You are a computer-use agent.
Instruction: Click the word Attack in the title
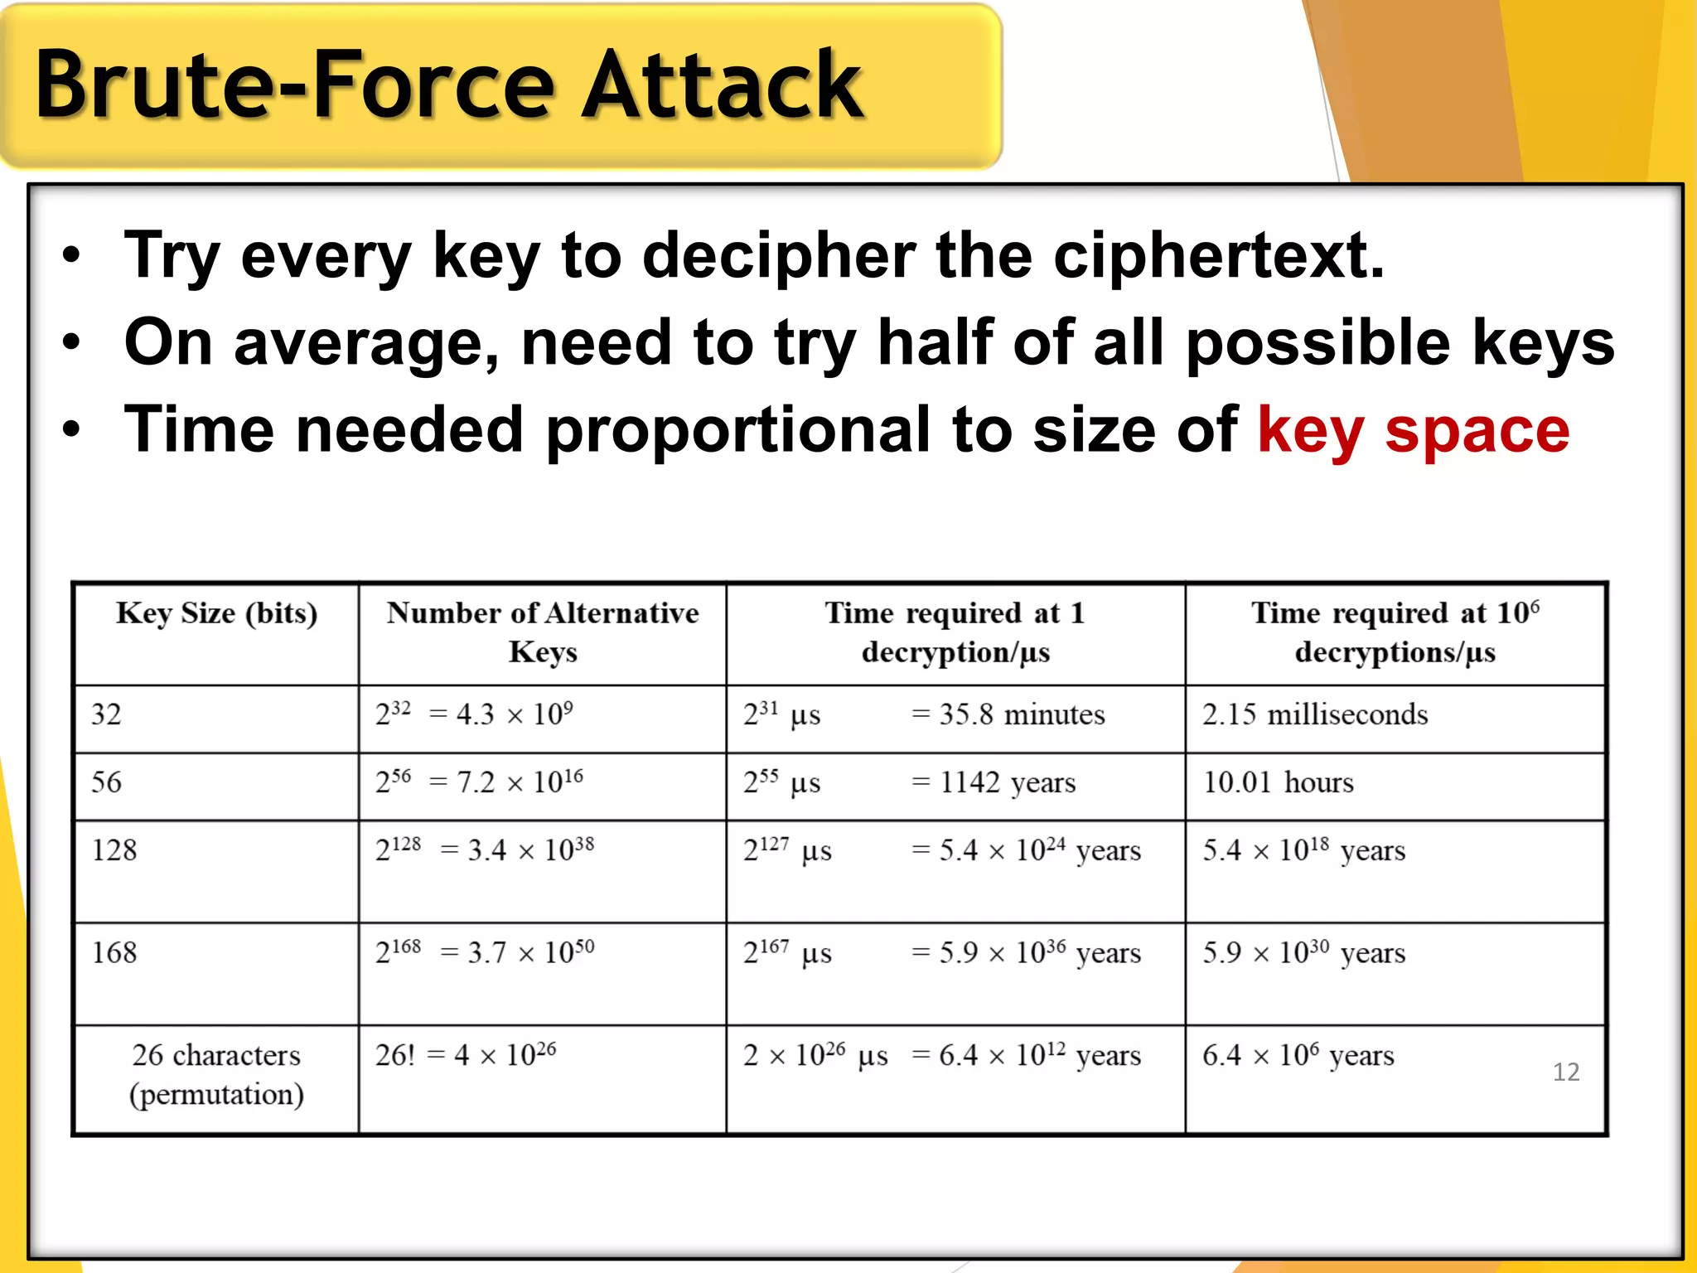point(721,85)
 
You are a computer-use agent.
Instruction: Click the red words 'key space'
point(1413,430)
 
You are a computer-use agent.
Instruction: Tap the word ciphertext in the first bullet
point(1218,255)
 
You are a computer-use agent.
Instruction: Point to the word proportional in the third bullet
point(737,430)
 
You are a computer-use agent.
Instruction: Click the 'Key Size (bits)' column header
point(216,614)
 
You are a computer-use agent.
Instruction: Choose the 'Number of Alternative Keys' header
point(543,632)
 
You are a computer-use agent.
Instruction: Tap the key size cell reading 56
point(107,782)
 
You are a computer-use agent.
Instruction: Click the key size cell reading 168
point(114,953)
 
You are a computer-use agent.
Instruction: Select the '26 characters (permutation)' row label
point(216,1075)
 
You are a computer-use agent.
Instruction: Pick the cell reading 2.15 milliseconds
point(1315,714)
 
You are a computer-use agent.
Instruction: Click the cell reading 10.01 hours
point(1278,782)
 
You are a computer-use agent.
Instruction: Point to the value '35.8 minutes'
point(1021,714)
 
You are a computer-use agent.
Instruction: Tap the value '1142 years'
point(1007,782)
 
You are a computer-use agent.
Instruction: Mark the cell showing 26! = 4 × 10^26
point(466,1055)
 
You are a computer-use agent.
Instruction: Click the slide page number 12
point(1565,1072)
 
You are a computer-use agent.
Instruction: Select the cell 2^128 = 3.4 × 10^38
point(485,850)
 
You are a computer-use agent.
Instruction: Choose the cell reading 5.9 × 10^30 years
point(1303,953)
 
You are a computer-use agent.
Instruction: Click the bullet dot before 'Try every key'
point(72,256)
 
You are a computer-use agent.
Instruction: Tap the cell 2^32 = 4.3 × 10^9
point(474,714)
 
